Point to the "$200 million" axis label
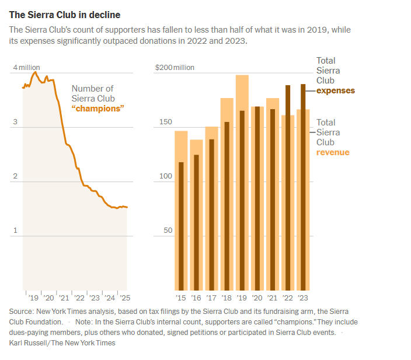(x=175, y=68)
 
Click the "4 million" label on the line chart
(x=26, y=68)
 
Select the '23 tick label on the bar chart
(x=303, y=298)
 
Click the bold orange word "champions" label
(x=98, y=109)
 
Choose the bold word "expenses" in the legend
(x=335, y=90)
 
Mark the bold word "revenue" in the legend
(x=333, y=152)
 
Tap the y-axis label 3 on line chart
(x=16, y=122)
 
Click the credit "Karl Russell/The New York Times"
(x=62, y=343)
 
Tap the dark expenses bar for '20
(x=257, y=198)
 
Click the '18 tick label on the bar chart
(x=227, y=298)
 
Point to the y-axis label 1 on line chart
(x=16, y=230)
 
